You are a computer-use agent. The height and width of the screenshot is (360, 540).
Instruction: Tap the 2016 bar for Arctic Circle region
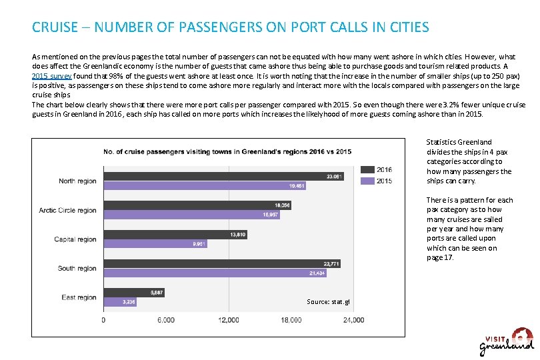(x=197, y=205)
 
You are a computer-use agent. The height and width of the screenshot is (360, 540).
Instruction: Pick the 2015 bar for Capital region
(x=155, y=244)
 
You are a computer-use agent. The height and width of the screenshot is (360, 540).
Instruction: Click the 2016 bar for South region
(x=222, y=263)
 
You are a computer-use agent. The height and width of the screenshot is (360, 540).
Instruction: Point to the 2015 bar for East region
(x=120, y=302)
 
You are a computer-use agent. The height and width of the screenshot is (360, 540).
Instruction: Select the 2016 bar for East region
(x=134, y=293)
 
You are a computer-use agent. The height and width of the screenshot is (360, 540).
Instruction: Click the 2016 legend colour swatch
(x=367, y=169)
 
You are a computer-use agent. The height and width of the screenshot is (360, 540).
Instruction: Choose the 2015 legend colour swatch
(x=367, y=181)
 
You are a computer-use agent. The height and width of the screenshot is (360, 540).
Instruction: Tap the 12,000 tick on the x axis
(x=229, y=320)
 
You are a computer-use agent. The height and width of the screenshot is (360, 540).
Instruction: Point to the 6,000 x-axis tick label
(x=165, y=320)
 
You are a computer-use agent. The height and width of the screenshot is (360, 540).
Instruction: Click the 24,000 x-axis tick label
(x=353, y=320)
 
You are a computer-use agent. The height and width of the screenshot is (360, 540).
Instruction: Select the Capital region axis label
(x=75, y=239)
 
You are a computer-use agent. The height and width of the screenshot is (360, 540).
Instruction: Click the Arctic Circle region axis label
(x=67, y=211)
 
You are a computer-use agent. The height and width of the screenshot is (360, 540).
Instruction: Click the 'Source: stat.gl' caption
(x=328, y=302)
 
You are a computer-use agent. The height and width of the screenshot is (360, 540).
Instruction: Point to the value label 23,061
(x=335, y=176)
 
